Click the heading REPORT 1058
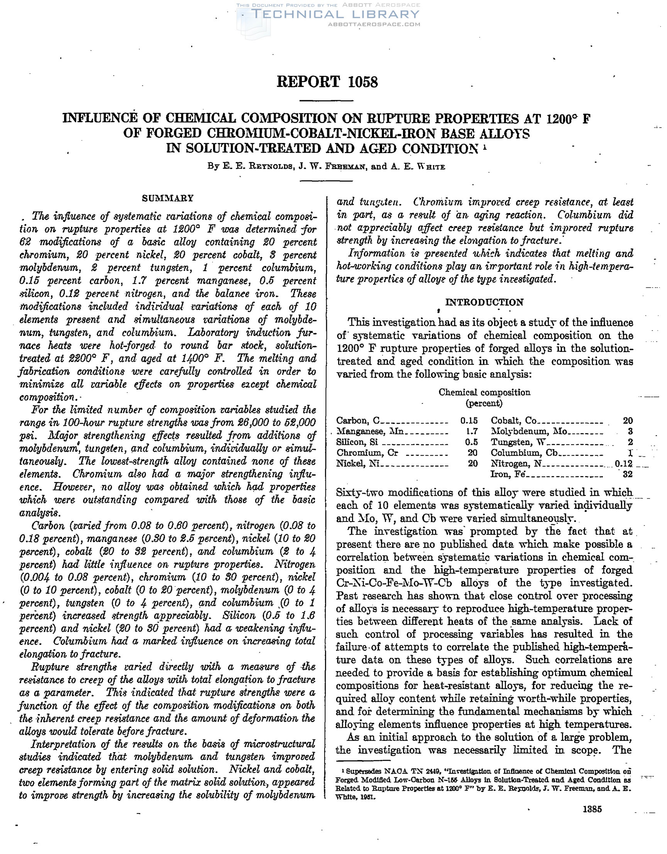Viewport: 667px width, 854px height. (327, 82)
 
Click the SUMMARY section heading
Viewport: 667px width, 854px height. (168, 198)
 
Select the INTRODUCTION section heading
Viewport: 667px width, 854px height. (484, 302)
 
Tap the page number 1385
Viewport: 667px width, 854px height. (592, 809)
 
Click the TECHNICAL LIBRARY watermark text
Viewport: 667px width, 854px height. (335, 15)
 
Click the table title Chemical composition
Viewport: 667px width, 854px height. (484, 392)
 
